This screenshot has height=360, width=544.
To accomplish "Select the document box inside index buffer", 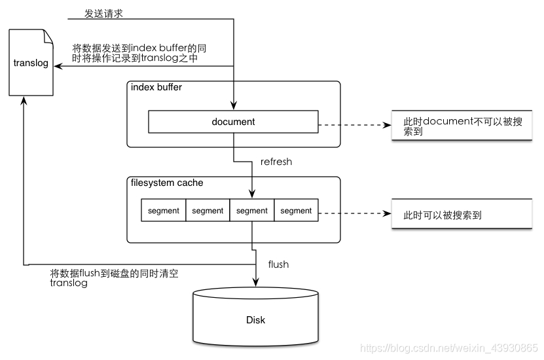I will click(x=233, y=122).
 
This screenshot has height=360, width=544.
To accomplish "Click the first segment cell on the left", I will click(x=164, y=211).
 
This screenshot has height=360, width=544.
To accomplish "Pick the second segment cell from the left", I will click(x=208, y=211).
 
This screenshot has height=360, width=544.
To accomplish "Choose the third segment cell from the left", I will click(x=252, y=211).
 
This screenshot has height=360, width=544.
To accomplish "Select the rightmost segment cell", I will click(x=296, y=211).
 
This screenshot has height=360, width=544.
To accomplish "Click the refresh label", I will click(x=276, y=162).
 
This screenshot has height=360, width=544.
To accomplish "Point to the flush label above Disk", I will click(x=278, y=264).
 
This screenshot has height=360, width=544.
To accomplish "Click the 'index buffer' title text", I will click(x=156, y=88).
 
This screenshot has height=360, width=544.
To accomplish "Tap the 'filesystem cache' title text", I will click(x=167, y=183).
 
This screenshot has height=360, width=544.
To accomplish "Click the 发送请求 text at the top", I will click(x=103, y=13).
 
